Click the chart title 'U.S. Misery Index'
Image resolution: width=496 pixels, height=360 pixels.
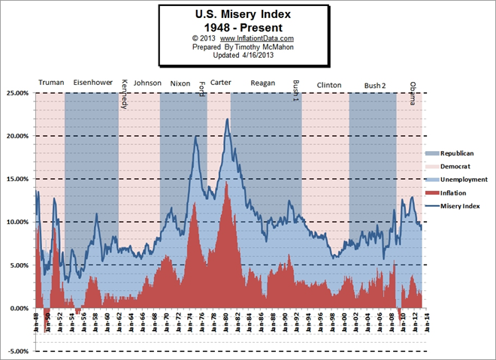tap(243, 14)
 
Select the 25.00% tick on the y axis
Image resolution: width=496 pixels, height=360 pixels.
tap(17, 93)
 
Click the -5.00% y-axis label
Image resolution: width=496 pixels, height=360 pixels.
tap(17, 351)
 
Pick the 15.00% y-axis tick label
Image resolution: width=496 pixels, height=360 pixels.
tap(17, 179)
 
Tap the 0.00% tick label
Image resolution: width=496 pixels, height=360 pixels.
tap(18, 308)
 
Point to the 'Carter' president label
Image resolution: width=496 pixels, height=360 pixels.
tap(220, 83)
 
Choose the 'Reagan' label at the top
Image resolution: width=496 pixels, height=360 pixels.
tap(263, 83)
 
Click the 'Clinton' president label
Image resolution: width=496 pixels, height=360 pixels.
tap(329, 84)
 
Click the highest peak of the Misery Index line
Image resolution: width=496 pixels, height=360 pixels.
tap(227, 119)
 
